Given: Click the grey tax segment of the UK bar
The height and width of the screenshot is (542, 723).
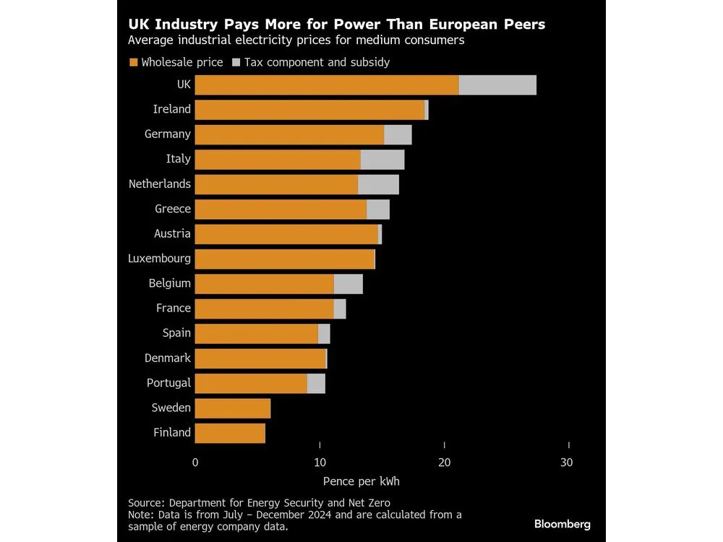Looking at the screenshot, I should [497, 85].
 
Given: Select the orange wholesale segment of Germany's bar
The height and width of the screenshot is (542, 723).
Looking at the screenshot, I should [289, 134].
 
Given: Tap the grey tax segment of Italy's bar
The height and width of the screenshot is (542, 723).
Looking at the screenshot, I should [382, 160].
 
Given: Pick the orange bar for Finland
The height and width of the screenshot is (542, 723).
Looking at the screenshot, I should [230, 434].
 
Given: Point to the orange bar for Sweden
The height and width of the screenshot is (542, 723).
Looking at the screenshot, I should [233, 408].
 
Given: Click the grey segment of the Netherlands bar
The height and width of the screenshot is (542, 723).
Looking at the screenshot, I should [378, 184].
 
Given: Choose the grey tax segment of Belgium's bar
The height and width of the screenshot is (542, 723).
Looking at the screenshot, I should [348, 284].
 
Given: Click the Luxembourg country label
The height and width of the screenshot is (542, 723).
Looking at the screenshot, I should [159, 258].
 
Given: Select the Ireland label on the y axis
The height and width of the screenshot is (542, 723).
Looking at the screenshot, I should [172, 109].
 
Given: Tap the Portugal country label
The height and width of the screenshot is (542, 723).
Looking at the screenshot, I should [168, 383].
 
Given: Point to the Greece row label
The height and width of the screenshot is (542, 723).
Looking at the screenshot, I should [173, 209].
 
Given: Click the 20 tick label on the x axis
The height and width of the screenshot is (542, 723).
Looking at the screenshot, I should [445, 463].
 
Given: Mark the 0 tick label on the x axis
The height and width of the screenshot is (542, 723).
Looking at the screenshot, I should [195, 463].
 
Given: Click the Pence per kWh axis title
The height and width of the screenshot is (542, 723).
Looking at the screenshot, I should [382, 481].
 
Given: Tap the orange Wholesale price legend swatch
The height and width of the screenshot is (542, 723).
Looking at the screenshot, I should [133, 62].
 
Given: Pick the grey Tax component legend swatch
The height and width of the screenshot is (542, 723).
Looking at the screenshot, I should [236, 62].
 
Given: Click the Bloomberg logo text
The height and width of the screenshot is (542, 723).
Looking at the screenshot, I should [562, 524].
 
